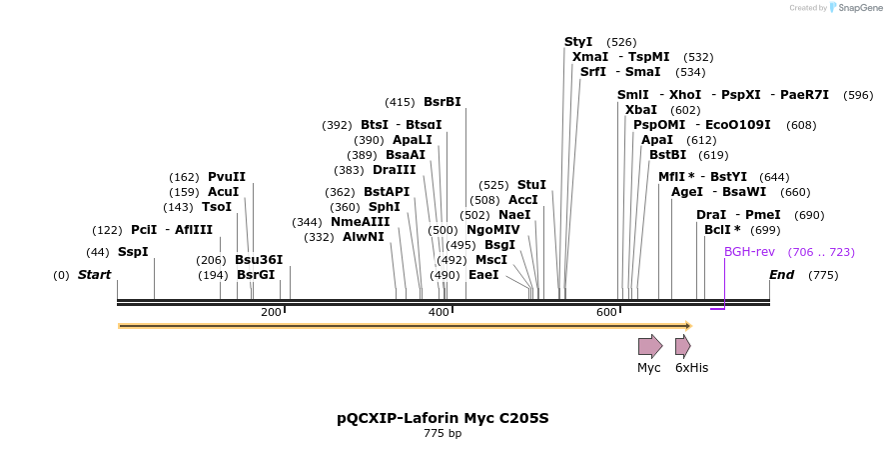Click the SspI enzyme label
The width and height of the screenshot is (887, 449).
133,252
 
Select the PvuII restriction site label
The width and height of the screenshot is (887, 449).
227,177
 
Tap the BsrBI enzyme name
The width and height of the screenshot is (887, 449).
443,102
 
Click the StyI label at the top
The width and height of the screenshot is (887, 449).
578,42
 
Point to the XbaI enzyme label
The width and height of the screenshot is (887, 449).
641,110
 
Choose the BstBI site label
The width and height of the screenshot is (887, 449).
668,155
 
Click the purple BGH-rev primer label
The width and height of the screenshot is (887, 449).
749,252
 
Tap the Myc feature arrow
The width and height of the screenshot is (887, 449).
650,347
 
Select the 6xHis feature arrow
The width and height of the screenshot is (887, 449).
683,347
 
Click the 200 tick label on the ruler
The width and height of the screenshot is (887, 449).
271,313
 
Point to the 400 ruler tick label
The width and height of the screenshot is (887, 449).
440,313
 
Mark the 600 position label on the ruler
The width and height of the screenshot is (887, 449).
607,313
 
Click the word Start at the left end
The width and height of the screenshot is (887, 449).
95,275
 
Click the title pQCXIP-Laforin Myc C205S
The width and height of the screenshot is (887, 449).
443,418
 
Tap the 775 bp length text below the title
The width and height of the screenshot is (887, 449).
443,434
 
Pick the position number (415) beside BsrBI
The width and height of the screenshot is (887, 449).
400,102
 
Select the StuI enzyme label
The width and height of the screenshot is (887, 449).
531,185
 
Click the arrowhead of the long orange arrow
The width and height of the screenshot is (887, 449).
687,326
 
